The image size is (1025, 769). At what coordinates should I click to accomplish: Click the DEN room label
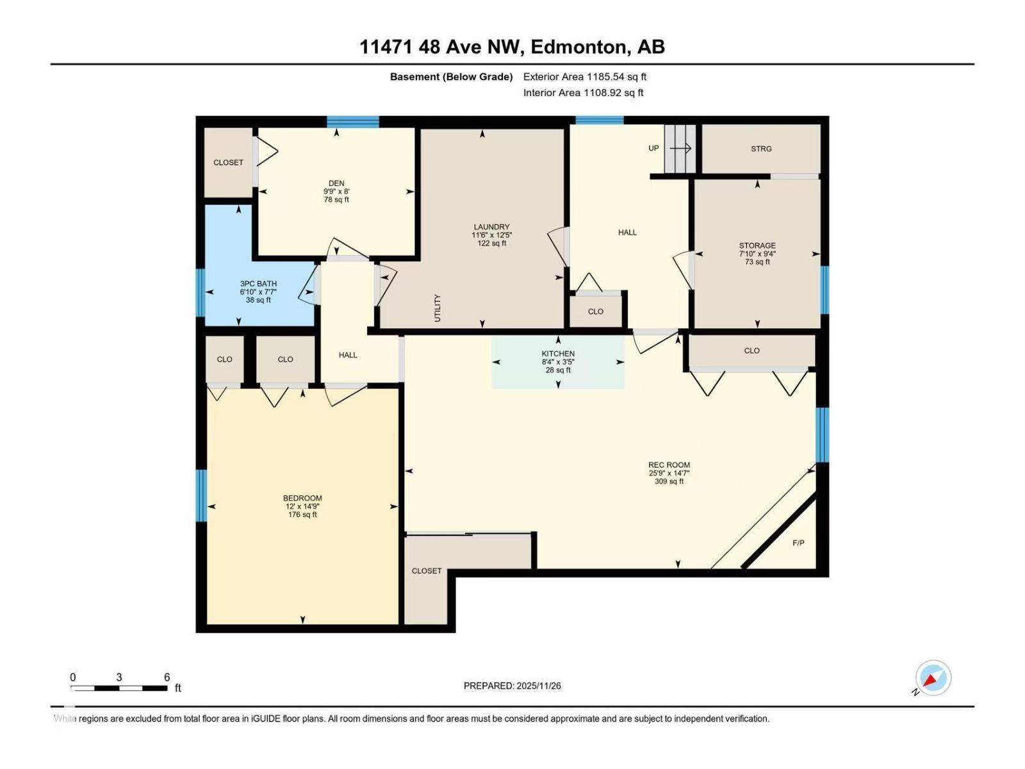pos(336,183)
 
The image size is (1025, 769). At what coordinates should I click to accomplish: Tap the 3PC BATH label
pos(258,283)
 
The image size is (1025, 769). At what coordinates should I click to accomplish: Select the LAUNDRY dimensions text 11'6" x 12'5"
pos(491,235)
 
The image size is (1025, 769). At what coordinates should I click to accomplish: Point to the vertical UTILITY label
pos(438,308)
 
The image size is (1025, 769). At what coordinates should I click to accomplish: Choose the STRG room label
pos(761,149)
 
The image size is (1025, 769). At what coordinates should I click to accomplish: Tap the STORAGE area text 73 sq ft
pos(757,262)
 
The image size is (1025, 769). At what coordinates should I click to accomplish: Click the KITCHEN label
pos(558,354)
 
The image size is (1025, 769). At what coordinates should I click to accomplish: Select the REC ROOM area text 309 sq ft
pos(669,481)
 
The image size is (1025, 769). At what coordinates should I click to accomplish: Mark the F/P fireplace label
pos(798,543)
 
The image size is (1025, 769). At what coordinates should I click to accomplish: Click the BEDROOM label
pos(302,498)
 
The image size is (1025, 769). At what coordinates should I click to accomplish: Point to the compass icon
pos(933,678)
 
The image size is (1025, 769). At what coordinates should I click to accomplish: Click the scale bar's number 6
pos(167,677)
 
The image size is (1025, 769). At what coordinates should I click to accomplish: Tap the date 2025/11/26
pos(539,686)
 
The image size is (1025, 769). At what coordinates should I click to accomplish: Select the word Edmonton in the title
pos(578,47)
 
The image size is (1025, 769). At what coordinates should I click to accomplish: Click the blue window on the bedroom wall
pos(201,495)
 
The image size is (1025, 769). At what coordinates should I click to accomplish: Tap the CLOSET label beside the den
pos(228,162)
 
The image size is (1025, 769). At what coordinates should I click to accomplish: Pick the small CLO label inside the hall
pos(595,311)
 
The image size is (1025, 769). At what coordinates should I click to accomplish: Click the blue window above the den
pos(353,122)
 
